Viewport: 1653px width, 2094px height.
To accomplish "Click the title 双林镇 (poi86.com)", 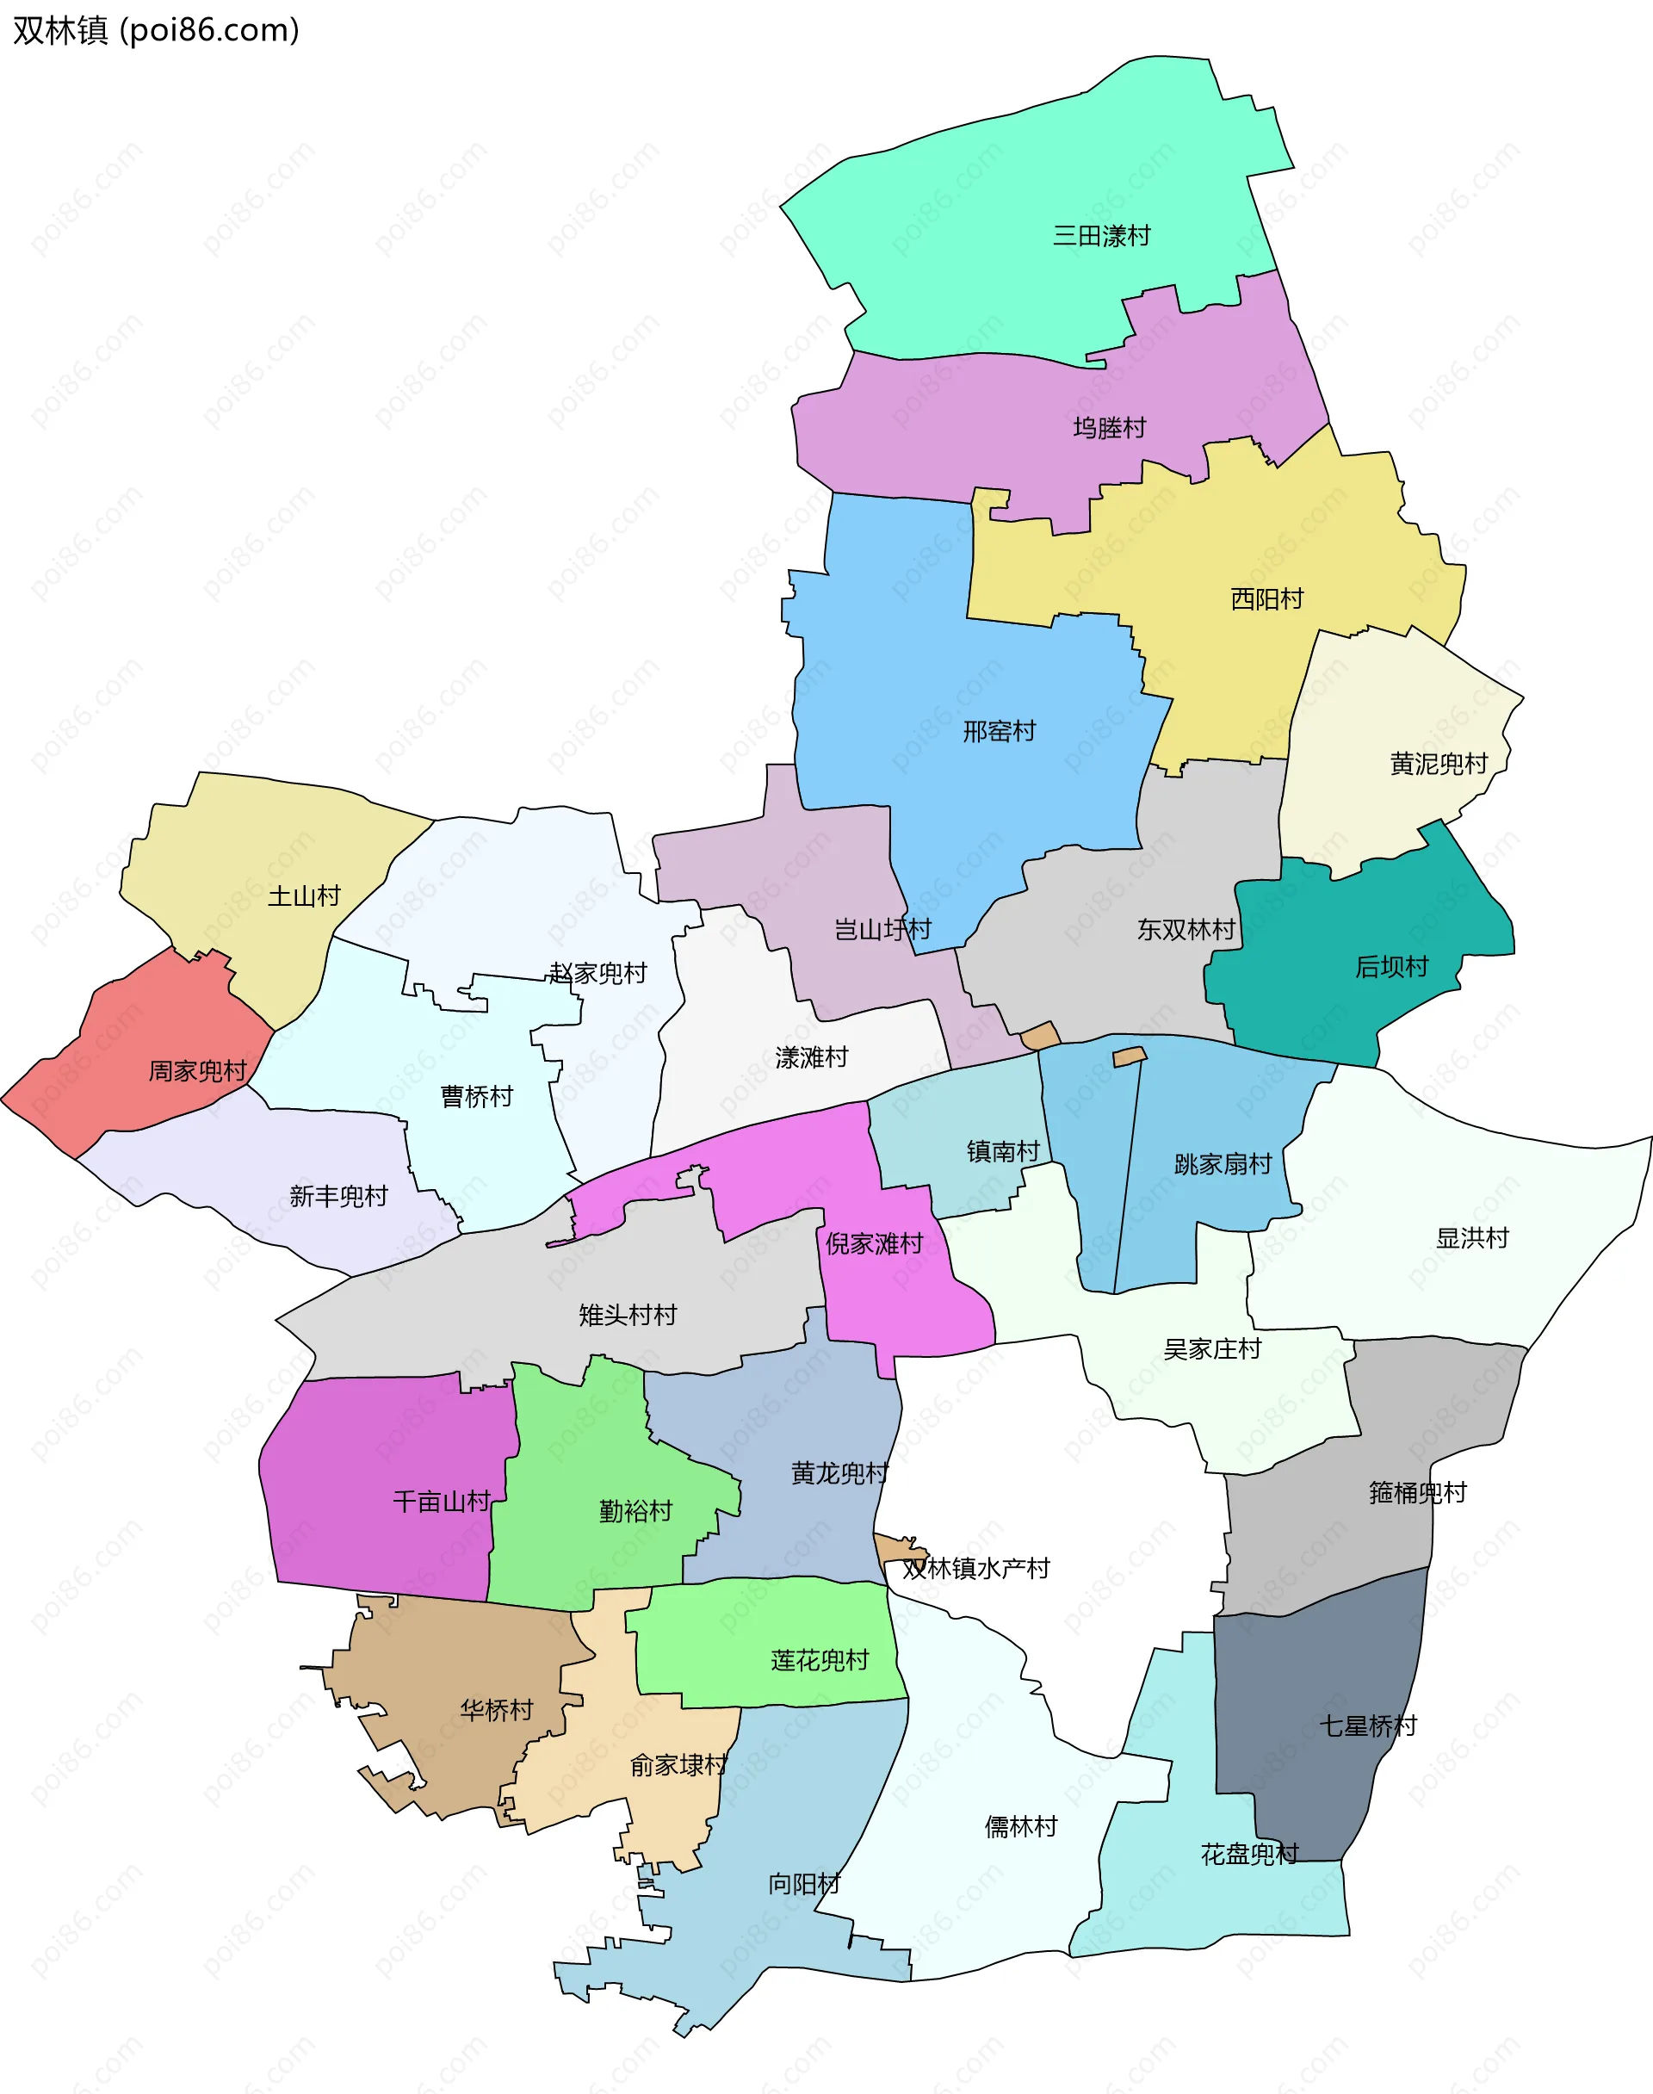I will [x=156, y=30].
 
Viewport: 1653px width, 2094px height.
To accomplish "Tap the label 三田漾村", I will [x=1101, y=236].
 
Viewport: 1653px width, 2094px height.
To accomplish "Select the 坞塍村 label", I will [x=1109, y=428].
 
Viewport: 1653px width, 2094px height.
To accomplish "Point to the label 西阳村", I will [x=1266, y=599].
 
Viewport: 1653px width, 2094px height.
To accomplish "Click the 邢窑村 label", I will [x=999, y=732].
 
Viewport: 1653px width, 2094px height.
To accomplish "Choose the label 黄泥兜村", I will [x=1438, y=765].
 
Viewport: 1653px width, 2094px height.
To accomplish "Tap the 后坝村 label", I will [x=1391, y=967].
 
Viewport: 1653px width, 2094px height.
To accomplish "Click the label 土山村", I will [x=304, y=896].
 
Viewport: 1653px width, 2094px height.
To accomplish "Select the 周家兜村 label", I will [x=197, y=1071].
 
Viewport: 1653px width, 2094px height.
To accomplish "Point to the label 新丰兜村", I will [x=338, y=1197].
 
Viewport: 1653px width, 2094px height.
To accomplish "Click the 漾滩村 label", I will [x=811, y=1057].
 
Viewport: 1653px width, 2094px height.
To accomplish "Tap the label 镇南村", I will [x=1003, y=1151].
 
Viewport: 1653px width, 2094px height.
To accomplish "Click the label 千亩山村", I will [x=442, y=1502].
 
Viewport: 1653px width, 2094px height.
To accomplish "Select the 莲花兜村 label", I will [x=820, y=1661].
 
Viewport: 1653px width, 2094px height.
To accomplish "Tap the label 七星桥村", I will [x=1367, y=1725].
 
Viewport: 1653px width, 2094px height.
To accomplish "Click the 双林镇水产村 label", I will [x=975, y=1569].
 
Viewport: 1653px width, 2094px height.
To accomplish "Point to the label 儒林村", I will [x=1021, y=1827].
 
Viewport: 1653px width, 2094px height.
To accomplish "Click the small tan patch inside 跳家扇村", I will [x=1130, y=1056].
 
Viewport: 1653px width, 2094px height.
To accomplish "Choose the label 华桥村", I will [x=497, y=1710].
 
